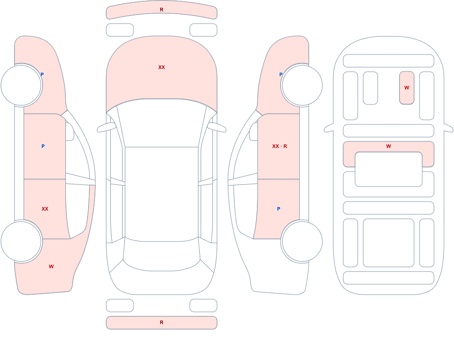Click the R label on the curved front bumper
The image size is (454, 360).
162,10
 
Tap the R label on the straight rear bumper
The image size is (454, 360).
162,322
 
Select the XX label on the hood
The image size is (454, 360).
162,67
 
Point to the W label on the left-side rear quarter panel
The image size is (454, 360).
51,266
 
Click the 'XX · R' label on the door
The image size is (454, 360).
279,146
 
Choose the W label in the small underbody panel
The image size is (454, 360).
406,88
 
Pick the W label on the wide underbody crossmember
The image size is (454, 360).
389,146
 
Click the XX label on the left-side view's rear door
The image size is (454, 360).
45,209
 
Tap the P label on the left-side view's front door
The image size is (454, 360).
43,146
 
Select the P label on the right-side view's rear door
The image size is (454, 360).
279,209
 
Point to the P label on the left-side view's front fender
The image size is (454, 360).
42,74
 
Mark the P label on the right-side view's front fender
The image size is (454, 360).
281,74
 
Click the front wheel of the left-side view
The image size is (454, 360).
21,85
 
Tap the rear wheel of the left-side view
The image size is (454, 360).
21,241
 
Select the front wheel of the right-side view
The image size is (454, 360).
302,85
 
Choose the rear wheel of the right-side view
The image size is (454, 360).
302,241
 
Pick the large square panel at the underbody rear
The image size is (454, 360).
389,243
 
